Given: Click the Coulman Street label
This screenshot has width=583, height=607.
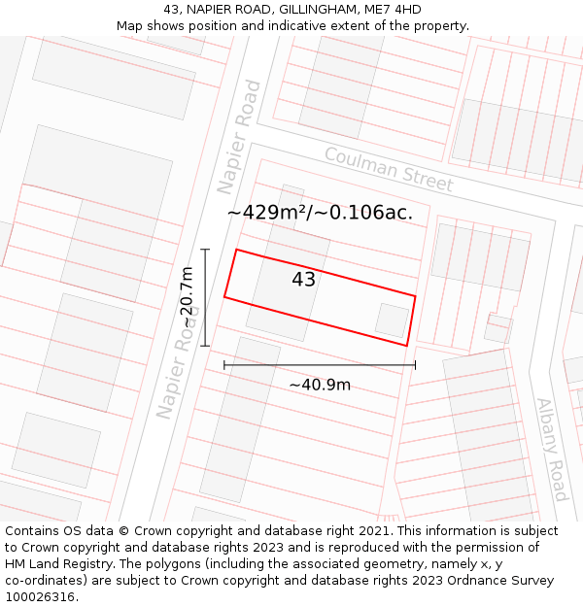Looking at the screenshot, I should coord(389,170).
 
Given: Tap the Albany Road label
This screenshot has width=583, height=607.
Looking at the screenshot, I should coord(551,450).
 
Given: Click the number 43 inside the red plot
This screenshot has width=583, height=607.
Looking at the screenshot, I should coord(303,280).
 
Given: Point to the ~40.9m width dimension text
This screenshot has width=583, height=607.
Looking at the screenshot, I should coord(320,385).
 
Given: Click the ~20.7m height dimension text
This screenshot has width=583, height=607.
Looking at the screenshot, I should coord(187,297).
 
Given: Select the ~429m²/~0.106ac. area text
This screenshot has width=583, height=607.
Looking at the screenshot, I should coord(320,212).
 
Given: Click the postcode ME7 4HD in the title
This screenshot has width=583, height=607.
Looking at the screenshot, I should coord(394,10).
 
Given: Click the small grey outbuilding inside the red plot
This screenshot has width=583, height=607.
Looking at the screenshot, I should coord(392,320).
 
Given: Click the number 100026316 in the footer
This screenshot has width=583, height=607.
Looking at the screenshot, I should coord(42,596).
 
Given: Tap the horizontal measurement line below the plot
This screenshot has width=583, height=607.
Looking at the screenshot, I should coord(320,365).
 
